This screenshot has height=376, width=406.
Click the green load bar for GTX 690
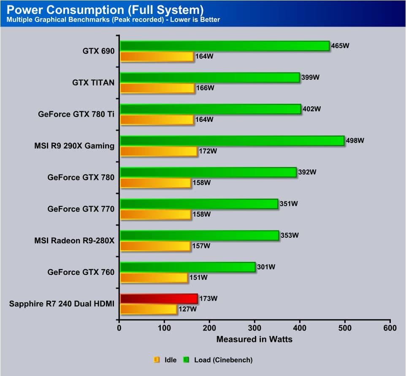click(225, 46)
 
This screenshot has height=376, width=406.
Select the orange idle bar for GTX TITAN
click(157, 88)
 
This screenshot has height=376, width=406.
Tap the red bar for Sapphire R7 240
click(159, 299)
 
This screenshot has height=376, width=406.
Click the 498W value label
click(355, 140)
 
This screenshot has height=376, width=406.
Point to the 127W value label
click(187, 309)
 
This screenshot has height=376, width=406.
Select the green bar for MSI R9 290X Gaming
click(232, 140)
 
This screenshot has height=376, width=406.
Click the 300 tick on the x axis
click(255, 328)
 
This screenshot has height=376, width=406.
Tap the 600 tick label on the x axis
click(390, 328)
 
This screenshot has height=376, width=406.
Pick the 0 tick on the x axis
click(119, 328)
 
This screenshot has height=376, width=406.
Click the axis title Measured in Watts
click(254, 339)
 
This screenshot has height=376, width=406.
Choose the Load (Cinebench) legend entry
click(218, 360)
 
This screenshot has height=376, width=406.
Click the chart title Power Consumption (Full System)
click(106, 9)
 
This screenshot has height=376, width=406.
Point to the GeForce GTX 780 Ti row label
click(76, 114)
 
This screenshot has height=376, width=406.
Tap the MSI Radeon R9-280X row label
click(74, 241)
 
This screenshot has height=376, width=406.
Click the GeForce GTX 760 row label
click(81, 272)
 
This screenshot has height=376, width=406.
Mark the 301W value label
click(266, 267)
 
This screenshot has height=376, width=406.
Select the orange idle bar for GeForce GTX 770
click(155, 215)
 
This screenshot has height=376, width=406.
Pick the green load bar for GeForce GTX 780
click(208, 172)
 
